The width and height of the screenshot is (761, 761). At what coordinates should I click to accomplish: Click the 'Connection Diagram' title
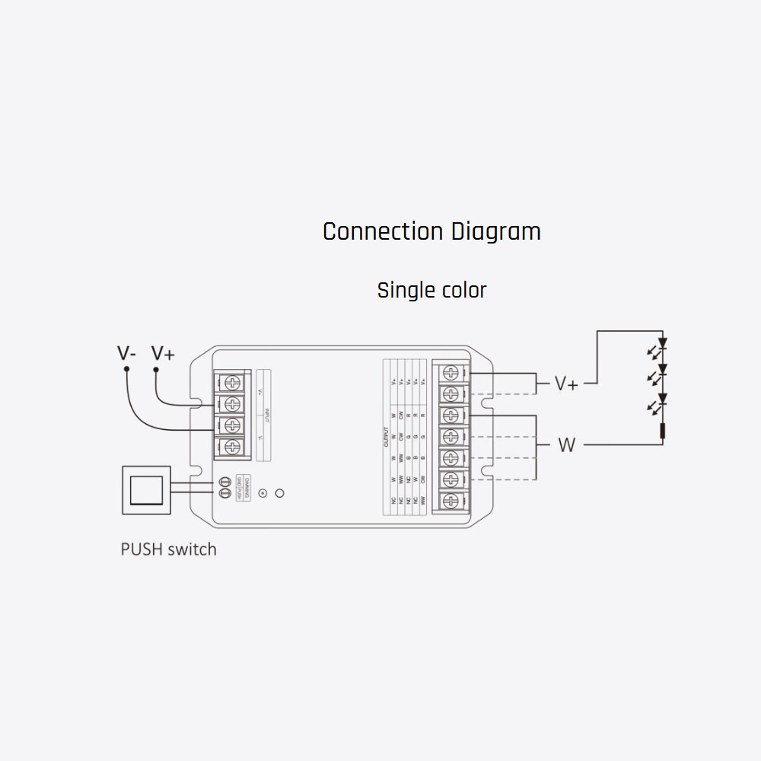click(431, 231)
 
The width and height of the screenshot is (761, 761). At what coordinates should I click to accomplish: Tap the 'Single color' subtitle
click(431, 290)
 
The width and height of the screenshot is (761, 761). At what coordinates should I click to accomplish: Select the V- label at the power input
click(126, 353)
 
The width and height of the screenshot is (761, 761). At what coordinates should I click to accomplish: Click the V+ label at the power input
click(163, 353)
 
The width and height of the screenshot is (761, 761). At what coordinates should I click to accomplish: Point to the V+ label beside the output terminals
click(566, 384)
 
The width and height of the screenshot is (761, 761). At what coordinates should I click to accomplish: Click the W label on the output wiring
click(567, 445)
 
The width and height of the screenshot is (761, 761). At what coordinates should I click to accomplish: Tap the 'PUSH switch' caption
click(168, 549)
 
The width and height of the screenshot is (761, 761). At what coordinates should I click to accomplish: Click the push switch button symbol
click(146, 489)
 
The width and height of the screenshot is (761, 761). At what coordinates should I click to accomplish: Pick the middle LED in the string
click(662, 371)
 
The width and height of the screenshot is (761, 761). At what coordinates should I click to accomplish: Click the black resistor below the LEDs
click(662, 431)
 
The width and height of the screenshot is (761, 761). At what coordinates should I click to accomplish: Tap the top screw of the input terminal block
click(234, 382)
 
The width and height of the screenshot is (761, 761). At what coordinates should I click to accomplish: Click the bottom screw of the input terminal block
click(234, 446)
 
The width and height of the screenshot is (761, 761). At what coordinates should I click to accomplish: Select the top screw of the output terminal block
click(451, 373)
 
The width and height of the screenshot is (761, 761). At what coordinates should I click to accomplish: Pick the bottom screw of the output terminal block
click(451, 501)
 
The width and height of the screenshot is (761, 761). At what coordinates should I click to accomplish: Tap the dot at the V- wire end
click(126, 369)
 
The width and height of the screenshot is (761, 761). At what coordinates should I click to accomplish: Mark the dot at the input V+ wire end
click(156, 369)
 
